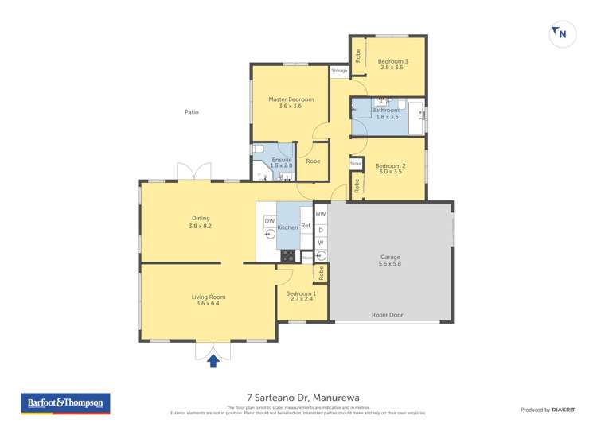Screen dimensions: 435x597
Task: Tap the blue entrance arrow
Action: [213, 361]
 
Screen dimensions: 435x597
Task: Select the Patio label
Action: [191, 112]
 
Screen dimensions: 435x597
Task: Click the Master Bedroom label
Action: [291, 103]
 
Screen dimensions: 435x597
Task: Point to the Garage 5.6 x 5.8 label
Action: [390, 260]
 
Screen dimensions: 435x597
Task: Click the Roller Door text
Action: [388, 315]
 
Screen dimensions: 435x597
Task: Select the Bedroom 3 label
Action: [392, 64]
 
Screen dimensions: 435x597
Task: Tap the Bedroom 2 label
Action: [390, 168]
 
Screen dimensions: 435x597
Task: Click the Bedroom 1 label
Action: [301, 296]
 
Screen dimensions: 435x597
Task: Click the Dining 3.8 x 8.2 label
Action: [200, 222]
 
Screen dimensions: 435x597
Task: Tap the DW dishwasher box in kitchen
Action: [270, 221]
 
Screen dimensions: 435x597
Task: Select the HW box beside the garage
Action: [321, 215]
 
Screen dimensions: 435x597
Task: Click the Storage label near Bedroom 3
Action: [340, 71]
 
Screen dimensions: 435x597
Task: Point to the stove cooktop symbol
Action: [287, 256]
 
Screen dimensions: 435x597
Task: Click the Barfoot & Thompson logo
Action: [65, 403]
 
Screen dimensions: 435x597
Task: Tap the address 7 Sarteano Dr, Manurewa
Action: [298, 397]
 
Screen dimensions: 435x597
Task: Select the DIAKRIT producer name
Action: [566, 410]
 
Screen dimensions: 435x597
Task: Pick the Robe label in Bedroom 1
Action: [321, 273]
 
